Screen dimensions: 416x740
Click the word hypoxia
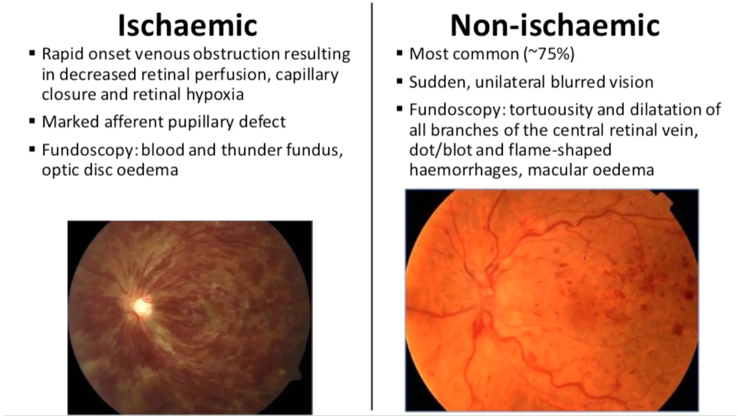[215, 95]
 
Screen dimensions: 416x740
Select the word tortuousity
[551, 109]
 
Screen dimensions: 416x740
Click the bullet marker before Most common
[399, 53]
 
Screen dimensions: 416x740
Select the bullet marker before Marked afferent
[32, 121]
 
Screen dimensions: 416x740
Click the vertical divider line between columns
[372, 206]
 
